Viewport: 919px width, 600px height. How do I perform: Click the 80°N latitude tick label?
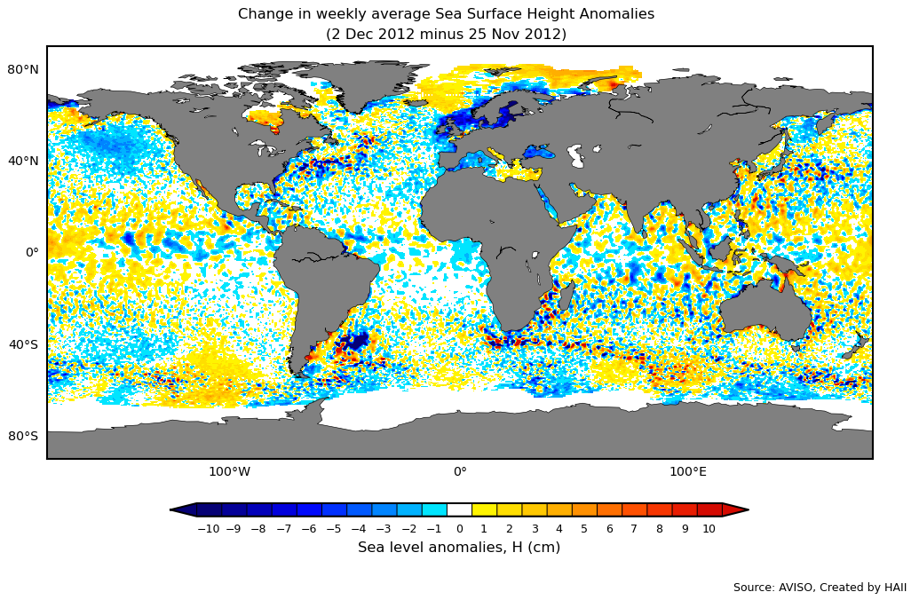[23, 69]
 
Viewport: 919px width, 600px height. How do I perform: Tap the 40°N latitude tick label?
[23, 161]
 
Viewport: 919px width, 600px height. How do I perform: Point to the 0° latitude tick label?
[32, 252]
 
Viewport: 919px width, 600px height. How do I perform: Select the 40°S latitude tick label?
[23, 344]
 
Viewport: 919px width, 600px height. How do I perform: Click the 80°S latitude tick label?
[23, 436]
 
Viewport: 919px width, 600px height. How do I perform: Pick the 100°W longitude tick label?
[229, 471]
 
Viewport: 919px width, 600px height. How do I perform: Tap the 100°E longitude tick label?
[688, 471]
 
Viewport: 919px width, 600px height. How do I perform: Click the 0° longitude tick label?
[460, 471]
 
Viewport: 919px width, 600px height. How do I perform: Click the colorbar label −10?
[208, 529]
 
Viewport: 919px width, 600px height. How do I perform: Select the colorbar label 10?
[709, 529]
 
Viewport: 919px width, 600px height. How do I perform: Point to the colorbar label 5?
[583, 529]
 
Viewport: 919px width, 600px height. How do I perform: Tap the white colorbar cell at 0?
[459, 509]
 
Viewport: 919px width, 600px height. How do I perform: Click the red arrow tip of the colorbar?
[737, 509]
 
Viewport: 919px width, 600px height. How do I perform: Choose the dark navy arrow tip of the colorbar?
[182, 509]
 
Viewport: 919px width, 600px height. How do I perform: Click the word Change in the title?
[264, 14]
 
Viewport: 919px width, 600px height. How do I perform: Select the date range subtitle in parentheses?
[446, 35]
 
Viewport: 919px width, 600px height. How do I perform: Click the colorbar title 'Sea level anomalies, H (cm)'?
[459, 548]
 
